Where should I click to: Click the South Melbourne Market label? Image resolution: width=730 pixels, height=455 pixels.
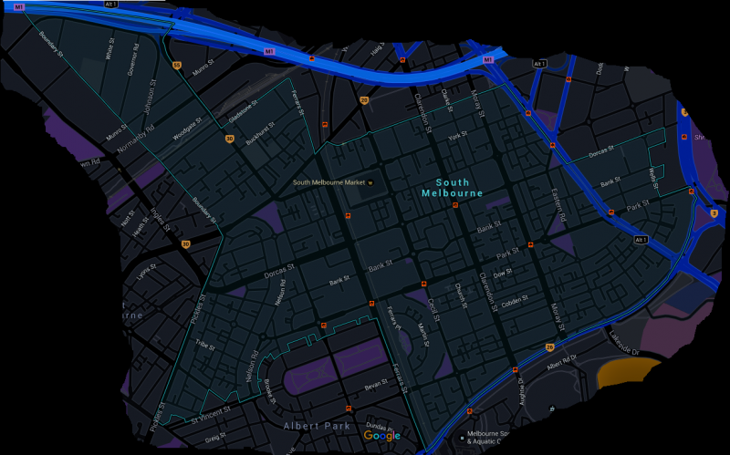tap(328, 182)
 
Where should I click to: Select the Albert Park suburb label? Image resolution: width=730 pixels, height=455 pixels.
tap(316, 426)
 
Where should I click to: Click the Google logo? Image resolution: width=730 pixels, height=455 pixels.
tap(381, 436)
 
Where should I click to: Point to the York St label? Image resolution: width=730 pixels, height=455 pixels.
tap(457, 137)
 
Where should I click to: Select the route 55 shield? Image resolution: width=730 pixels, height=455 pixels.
tap(178, 66)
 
